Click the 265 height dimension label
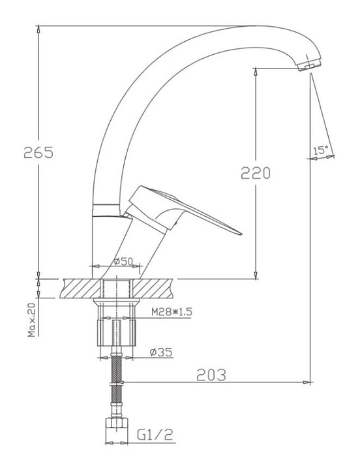[x=38, y=153]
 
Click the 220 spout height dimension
[x=256, y=173]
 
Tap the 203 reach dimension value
[x=211, y=375]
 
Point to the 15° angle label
[x=321, y=150]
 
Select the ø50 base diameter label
[x=123, y=261]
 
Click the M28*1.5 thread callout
[x=172, y=312]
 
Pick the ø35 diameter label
[x=161, y=352]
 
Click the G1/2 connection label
[x=155, y=435]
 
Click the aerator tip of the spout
[x=310, y=65]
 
